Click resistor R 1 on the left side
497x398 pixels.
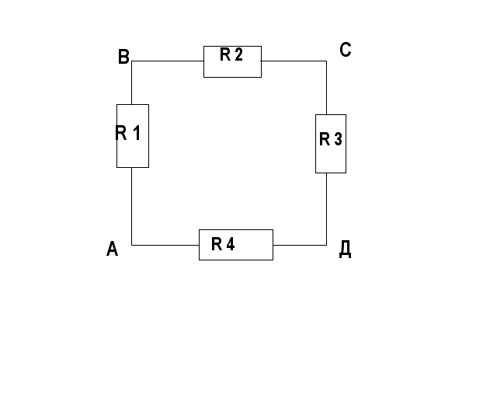(x=132, y=136)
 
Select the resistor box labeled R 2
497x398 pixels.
(x=232, y=61)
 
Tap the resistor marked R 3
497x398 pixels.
(x=330, y=143)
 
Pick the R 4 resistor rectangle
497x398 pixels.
(x=235, y=245)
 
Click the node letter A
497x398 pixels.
(x=112, y=250)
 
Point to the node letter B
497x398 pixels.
(x=123, y=57)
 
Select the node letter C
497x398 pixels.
(x=346, y=51)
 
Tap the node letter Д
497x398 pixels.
(x=346, y=250)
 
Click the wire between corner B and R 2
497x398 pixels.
(x=168, y=61)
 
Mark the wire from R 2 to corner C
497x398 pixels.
(x=294, y=61)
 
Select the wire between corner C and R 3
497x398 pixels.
(x=326, y=87)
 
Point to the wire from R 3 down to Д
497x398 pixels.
(x=326, y=208)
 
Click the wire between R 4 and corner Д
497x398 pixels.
(x=300, y=245)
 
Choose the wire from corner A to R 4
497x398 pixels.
(x=165, y=245)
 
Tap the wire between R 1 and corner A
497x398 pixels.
(x=132, y=206)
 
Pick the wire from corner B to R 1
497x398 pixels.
(x=132, y=82)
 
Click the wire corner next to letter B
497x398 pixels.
(x=132, y=61)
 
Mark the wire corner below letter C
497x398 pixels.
(x=326, y=61)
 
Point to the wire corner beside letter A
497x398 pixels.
(x=132, y=245)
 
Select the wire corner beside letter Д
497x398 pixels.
(x=326, y=245)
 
